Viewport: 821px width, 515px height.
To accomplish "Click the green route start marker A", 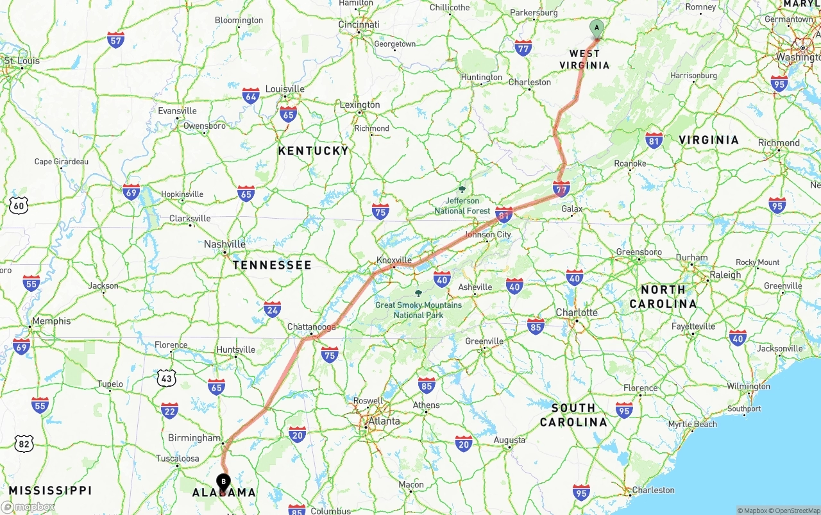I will click(x=597, y=28).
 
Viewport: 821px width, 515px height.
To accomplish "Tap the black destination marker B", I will click(x=223, y=481).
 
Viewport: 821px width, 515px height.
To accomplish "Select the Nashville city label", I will click(x=224, y=244).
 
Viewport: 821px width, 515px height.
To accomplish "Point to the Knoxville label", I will click(x=394, y=260).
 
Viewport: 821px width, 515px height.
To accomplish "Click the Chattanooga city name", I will click(x=312, y=327).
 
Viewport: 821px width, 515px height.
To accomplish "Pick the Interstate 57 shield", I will click(x=116, y=40).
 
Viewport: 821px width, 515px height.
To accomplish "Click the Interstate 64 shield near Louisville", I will click(x=251, y=96).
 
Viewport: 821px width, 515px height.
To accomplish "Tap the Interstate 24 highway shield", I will click(x=273, y=309).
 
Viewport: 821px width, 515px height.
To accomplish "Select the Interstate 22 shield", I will click(x=170, y=410).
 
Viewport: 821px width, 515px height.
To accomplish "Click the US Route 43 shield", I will click(x=166, y=378).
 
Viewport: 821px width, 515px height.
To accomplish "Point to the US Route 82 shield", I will click(x=24, y=443).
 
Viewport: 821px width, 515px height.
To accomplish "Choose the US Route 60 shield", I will click(x=19, y=205).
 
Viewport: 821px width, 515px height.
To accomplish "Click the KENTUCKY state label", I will click(x=313, y=151).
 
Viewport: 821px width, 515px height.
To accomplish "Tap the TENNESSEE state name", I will click(x=272, y=265).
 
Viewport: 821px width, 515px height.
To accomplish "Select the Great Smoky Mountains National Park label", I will click(x=418, y=310).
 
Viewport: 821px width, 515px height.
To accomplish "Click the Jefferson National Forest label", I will click(x=462, y=206).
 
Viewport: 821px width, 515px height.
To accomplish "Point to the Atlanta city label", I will click(x=384, y=421).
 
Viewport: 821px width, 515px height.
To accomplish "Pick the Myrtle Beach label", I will click(x=692, y=424).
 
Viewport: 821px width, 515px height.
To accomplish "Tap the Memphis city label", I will click(x=51, y=321).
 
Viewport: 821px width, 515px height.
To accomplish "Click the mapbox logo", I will click(x=28, y=507).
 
